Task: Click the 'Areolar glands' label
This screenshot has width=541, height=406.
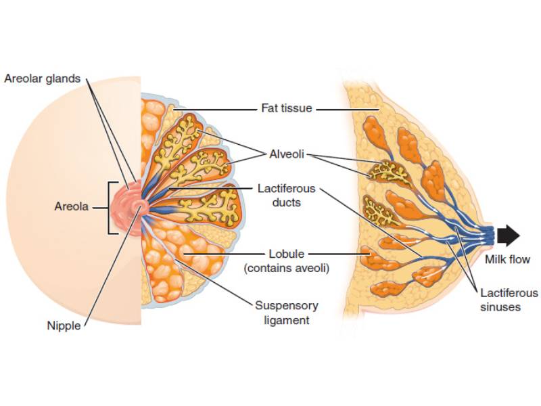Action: (x=42, y=78)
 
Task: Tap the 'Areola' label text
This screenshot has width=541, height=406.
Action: (x=72, y=206)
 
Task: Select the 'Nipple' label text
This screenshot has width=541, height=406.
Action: (x=64, y=325)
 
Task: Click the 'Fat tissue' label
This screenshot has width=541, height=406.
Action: (x=287, y=108)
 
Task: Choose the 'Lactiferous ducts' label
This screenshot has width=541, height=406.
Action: (x=286, y=195)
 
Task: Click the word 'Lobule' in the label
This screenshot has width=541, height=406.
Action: (x=287, y=254)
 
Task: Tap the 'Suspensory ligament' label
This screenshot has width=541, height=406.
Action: (x=286, y=312)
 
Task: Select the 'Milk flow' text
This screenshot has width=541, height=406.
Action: (x=507, y=259)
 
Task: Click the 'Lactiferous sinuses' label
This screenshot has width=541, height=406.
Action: (x=509, y=300)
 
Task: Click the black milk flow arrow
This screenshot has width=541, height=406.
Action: (x=508, y=235)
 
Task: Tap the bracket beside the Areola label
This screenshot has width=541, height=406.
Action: (x=112, y=207)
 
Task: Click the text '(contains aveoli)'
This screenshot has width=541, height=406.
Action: (x=287, y=269)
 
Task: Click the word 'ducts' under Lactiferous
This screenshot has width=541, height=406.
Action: (x=287, y=202)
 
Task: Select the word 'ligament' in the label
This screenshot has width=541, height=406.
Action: (x=286, y=320)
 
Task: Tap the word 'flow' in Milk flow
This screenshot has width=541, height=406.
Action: (x=519, y=259)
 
